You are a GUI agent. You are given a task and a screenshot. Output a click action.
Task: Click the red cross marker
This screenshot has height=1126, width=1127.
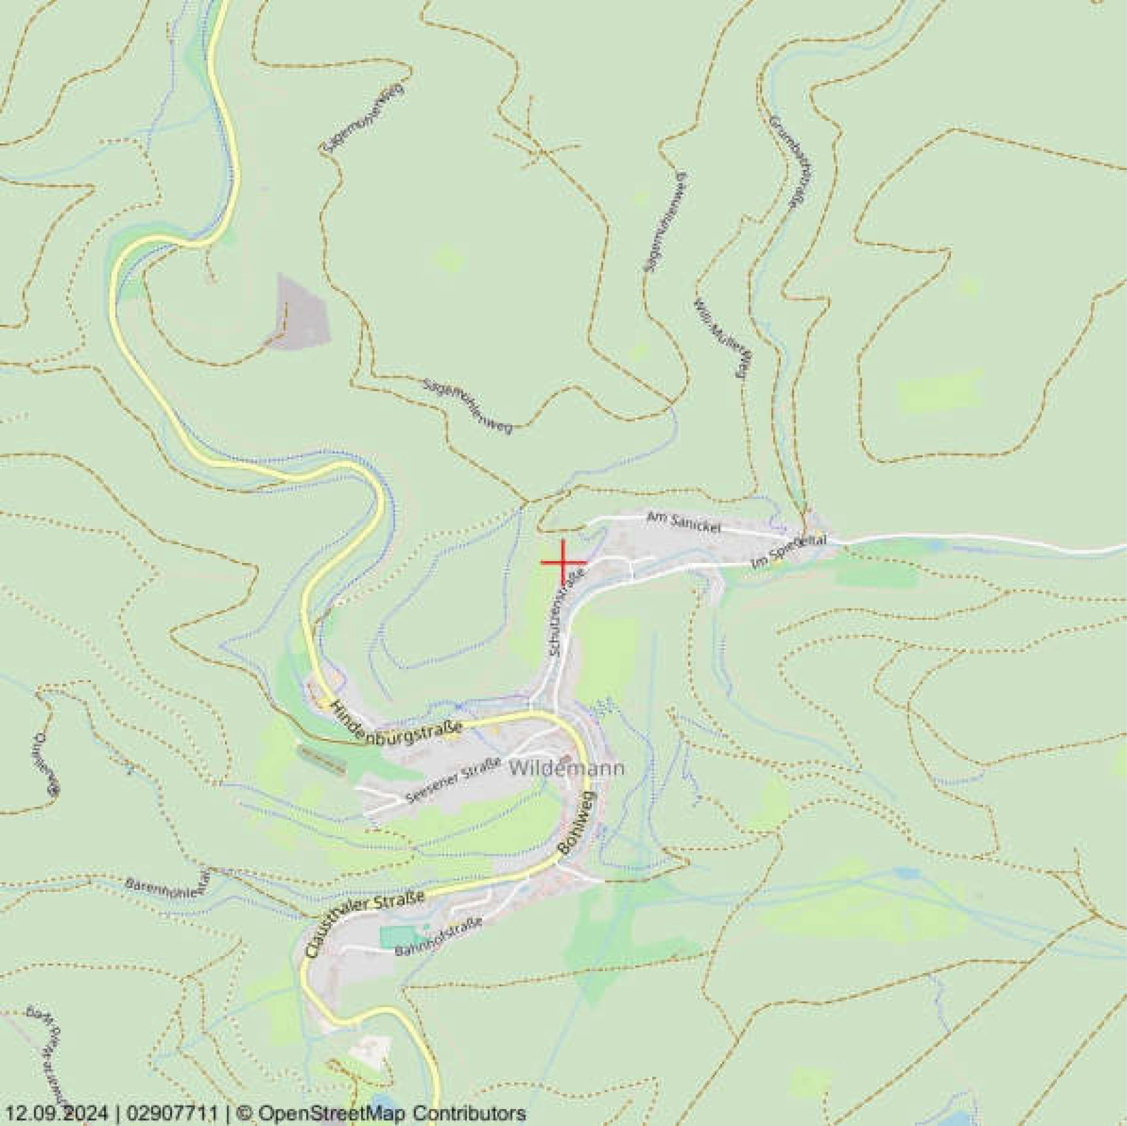coord(563,562)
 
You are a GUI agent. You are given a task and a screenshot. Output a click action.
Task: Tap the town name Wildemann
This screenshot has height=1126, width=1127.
coord(566,769)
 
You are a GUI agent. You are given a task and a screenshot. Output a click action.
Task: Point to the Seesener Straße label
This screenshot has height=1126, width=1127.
coord(454,780)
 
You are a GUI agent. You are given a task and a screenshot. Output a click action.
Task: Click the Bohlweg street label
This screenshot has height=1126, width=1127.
coord(577,822)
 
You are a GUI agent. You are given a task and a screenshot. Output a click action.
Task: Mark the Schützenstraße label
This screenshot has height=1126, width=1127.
coord(567,612)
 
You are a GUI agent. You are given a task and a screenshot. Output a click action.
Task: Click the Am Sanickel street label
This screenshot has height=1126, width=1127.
coord(684,522)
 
